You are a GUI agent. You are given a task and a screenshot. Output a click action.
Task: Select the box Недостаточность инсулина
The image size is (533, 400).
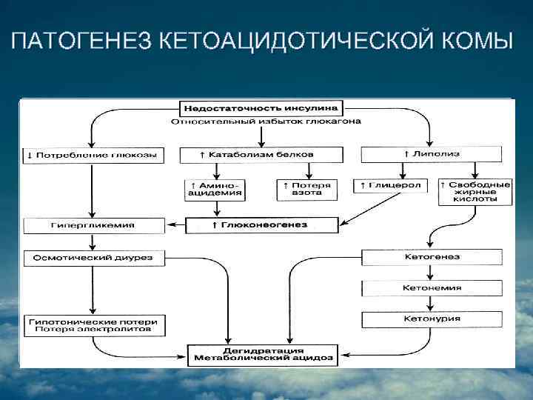[x=261, y=107]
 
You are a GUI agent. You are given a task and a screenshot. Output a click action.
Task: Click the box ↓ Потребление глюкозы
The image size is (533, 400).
[x=92, y=155]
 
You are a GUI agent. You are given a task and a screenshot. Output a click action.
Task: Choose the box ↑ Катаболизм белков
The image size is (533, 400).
[x=261, y=155]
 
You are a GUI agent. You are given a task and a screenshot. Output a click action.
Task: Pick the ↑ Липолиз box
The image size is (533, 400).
[x=431, y=154]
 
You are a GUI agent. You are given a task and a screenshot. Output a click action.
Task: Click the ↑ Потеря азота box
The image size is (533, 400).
[x=306, y=189]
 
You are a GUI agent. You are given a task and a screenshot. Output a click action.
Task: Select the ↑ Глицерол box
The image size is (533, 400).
[x=390, y=185]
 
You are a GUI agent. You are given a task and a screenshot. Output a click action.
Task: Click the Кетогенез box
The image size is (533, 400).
[x=432, y=257]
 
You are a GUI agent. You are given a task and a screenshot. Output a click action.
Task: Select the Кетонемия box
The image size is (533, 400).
[x=432, y=287]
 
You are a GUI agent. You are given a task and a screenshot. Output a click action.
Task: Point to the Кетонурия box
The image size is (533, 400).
[x=432, y=319]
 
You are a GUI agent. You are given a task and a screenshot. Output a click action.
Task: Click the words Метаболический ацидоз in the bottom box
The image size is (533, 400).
[x=262, y=359]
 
